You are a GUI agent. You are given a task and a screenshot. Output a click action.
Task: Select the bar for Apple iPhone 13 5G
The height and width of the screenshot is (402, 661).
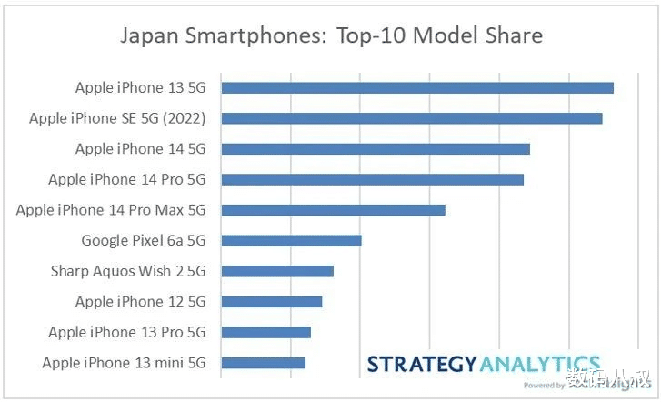pyautogui.click(x=416, y=88)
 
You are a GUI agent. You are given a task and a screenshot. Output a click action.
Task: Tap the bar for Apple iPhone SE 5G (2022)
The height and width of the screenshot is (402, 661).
pyautogui.click(x=411, y=118)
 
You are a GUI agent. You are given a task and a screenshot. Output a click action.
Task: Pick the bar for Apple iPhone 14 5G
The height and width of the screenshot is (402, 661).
pyautogui.click(x=375, y=149)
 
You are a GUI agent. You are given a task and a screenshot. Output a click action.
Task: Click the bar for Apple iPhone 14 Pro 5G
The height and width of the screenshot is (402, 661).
pyautogui.click(x=372, y=179)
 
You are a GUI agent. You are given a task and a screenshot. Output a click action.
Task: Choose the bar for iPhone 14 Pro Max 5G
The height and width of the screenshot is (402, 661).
pyautogui.click(x=333, y=210)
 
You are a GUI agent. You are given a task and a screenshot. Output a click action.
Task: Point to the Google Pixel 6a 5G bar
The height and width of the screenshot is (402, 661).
pyautogui.click(x=291, y=241)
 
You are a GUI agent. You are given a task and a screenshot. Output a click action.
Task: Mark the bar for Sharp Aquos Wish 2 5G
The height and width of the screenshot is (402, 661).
pyautogui.click(x=277, y=271)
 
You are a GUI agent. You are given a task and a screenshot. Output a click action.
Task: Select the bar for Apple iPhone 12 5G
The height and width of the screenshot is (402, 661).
pyautogui.click(x=271, y=302)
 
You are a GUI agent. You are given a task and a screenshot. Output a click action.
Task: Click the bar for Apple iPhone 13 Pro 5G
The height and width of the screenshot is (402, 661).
pyautogui.click(x=265, y=332)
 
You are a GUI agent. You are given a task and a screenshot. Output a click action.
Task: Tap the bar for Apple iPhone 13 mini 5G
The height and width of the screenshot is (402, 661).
pyautogui.click(x=263, y=363)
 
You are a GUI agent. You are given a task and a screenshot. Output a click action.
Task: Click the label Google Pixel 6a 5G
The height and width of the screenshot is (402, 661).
pyautogui.click(x=144, y=241)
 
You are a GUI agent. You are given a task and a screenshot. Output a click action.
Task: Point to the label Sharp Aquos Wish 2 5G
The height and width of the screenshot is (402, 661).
pyautogui.click(x=128, y=271)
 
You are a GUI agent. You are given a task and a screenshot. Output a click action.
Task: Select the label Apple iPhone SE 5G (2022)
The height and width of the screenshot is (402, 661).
pyautogui.click(x=117, y=118)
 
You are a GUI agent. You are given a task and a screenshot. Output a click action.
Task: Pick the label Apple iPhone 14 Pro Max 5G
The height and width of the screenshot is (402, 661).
pyautogui.click(x=111, y=210)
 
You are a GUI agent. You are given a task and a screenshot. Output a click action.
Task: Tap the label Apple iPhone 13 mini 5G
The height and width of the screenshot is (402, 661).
pyautogui.click(x=124, y=363)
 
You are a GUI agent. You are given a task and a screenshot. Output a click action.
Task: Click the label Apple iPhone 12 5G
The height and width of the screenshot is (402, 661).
pyautogui.click(x=140, y=302)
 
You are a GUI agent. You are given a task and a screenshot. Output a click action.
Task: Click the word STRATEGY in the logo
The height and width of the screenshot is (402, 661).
pyautogui.click(x=421, y=365)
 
